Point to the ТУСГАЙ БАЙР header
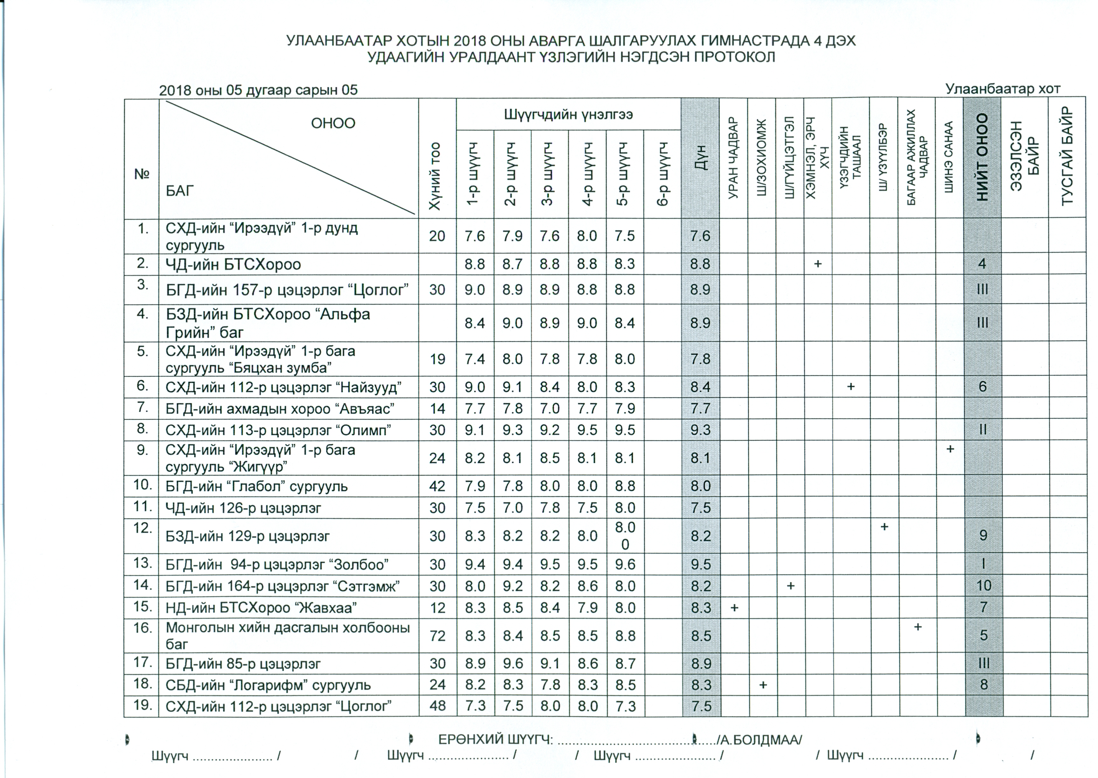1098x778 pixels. (x=1067, y=157)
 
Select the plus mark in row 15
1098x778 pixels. (x=734, y=608)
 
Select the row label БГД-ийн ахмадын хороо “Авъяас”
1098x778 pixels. (x=280, y=409)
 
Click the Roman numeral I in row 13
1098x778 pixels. (x=983, y=564)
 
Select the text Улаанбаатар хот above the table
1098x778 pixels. (x=1003, y=89)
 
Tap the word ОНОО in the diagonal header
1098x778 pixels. (x=333, y=123)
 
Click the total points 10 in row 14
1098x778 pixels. (x=983, y=585)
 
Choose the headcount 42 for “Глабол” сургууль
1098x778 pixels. (x=437, y=486)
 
